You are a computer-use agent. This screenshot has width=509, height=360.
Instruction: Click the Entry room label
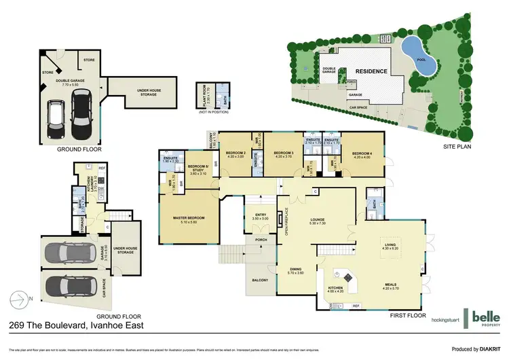click(261, 217)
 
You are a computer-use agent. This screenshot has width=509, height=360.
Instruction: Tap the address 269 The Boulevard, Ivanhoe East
click(81, 326)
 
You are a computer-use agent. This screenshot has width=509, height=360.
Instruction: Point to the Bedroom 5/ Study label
click(197, 170)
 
